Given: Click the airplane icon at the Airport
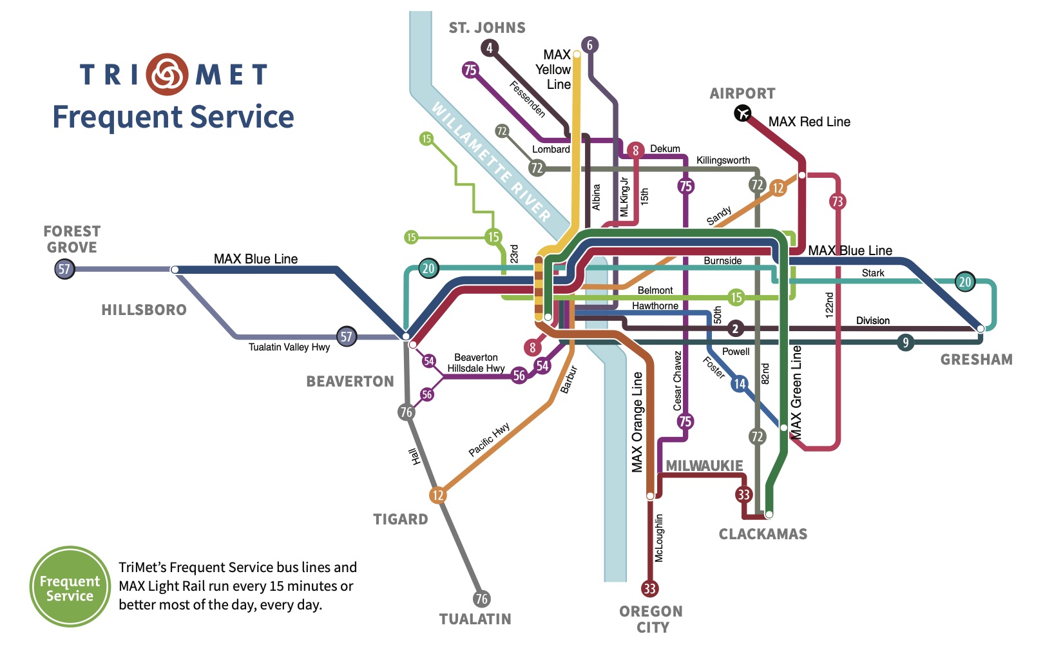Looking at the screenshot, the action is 743,113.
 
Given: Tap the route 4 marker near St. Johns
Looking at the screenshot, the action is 489,48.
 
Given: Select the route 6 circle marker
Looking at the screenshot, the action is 590,45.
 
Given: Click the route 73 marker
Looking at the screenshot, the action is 838,202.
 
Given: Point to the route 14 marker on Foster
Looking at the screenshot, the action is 740,383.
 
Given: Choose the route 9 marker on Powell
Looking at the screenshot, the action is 906,343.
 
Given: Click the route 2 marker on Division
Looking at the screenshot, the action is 736,329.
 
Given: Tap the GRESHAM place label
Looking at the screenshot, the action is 977,360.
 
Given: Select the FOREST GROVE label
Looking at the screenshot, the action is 72,239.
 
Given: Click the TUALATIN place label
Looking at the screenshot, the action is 475,619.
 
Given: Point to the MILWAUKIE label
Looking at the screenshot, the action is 705,466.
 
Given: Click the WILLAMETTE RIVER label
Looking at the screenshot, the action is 491,162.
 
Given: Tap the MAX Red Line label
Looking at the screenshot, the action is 809,122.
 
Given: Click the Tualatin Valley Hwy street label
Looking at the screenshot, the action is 289,347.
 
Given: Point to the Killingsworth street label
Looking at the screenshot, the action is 723,160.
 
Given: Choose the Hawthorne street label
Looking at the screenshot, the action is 655,306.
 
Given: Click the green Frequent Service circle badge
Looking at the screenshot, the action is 70,586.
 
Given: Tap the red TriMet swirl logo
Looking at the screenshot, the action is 167,74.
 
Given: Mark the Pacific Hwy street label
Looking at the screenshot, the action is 489,439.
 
